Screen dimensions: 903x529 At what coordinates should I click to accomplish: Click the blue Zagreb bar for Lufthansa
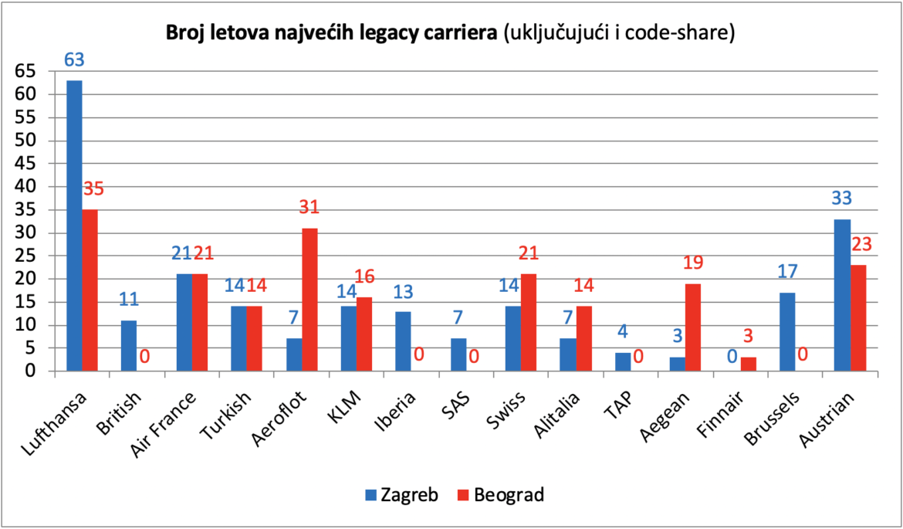pyautogui.click(x=74, y=226)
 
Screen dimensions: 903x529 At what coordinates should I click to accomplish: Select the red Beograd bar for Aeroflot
pyautogui.click(x=309, y=300)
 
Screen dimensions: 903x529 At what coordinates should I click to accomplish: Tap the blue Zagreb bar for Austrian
pyautogui.click(x=843, y=296)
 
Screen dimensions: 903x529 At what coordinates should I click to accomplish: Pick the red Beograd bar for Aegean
pyautogui.click(x=693, y=328)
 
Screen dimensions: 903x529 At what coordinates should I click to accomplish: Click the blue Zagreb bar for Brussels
pyautogui.click(x=788, y=333)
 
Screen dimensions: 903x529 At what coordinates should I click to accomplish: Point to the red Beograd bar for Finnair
pyautogui.click(x=749, y=365)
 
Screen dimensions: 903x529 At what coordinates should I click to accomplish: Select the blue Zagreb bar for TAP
pyautogui.click(x=623, y=362)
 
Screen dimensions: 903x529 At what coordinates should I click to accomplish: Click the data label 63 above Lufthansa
pyautogui.click(x=74, y=60)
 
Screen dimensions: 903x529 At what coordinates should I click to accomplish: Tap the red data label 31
pyautogui.click(x=309, y=208)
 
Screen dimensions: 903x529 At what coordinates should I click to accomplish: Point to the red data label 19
pyautogui.click(x=693, y=263)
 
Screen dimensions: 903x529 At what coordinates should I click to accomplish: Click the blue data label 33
pyautogui.click(x=841, y=198)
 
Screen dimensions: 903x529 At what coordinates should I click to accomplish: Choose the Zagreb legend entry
pyautogui.click(x=402, y=494)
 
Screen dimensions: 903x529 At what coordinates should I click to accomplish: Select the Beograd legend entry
pyautogui.click(x=501, y=494)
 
